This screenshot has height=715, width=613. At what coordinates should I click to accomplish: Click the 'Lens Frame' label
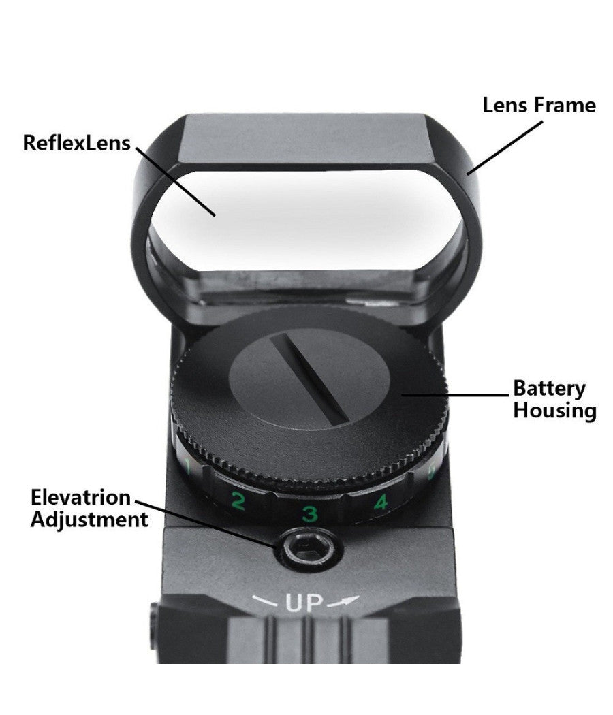539,106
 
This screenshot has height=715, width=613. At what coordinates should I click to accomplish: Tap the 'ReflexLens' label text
77,143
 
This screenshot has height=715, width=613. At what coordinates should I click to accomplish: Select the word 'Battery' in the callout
549,389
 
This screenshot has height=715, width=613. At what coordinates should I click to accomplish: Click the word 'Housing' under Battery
554,410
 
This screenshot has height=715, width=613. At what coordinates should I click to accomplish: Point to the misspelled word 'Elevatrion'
81,497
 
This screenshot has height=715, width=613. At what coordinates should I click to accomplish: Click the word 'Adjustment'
89,520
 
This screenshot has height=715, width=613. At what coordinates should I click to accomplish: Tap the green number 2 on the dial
238,500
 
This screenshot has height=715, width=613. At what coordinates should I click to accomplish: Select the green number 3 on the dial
310,513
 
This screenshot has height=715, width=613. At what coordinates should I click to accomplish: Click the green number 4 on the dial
380,502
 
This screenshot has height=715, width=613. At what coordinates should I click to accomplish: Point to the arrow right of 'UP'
343,601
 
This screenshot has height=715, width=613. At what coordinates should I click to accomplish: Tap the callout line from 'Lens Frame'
505,147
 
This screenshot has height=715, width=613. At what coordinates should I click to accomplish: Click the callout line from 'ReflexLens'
175,182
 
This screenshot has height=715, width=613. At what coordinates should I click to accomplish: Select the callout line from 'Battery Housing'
454,394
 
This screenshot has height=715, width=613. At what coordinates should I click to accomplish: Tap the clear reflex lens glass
306,219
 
